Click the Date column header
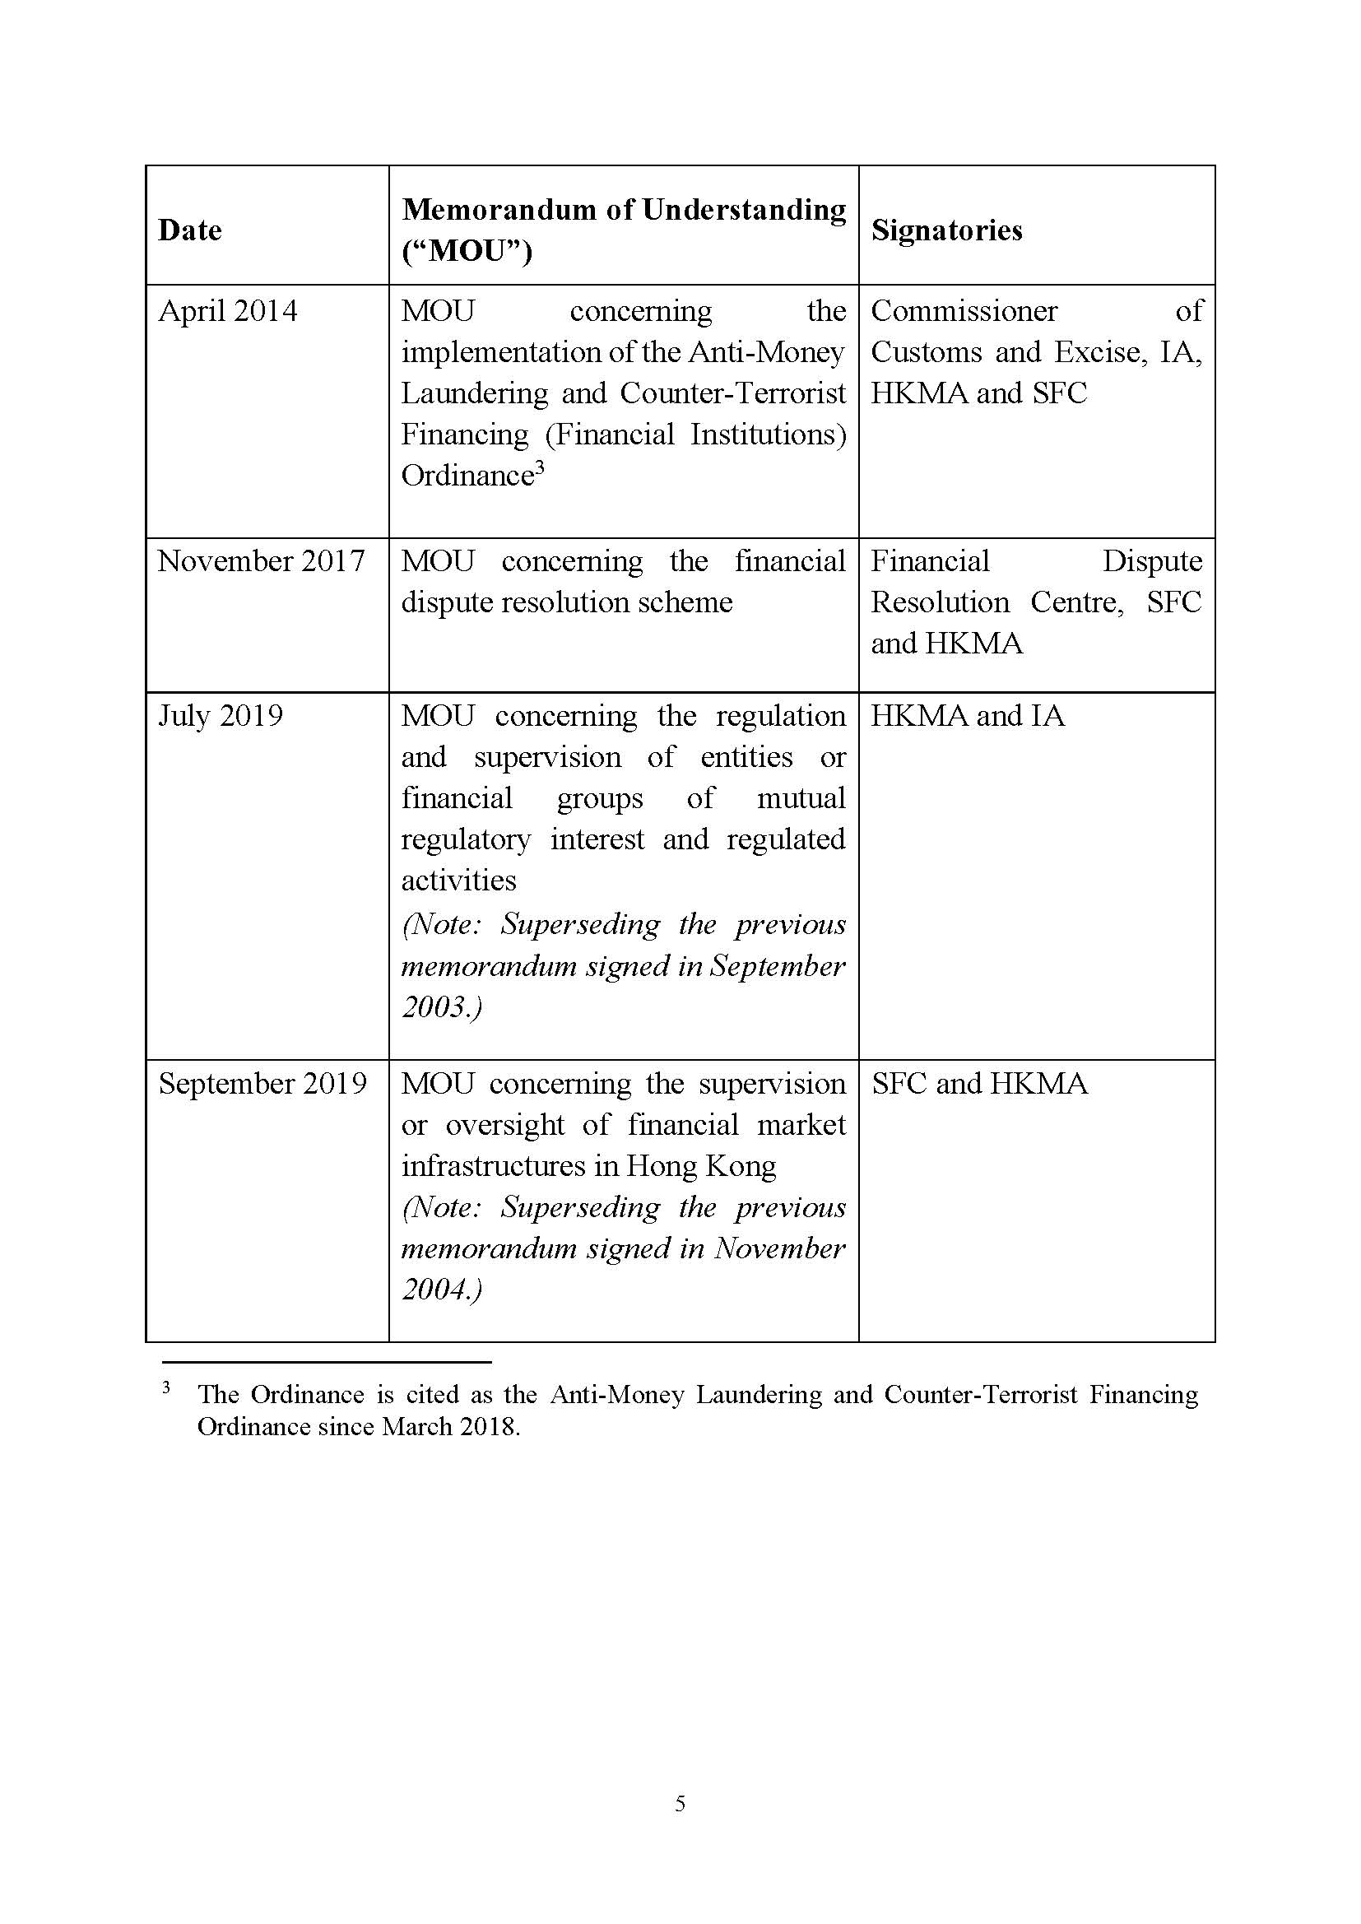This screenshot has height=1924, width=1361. (x=190, y=230)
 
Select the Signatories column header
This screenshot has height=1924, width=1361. (x=946, y=230)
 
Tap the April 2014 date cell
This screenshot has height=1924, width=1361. (x=227, y=312)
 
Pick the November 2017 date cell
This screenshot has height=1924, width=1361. (x=261, y=561)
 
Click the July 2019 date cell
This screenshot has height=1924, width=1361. (x=221, y=717)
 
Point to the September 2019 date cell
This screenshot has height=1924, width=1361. (x=262, y=1085)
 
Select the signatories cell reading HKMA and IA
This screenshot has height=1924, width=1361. (x=967, y=717)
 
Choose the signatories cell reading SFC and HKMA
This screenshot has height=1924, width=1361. (x=979, y=1085)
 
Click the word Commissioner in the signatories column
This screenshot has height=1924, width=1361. (x=964, y=312)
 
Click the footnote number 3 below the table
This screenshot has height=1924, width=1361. (x=166, y=1388)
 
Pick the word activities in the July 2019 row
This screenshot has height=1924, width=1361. (x=458, y=881)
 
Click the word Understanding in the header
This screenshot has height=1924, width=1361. (x=744, y=210)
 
